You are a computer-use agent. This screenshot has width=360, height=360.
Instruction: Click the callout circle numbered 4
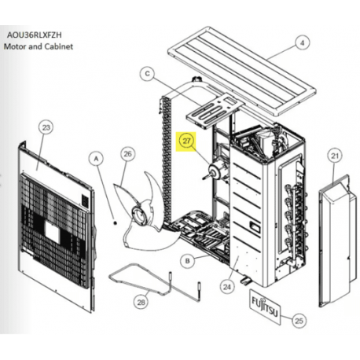coord(303,42)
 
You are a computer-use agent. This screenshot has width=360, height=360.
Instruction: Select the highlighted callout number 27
coord(186,141)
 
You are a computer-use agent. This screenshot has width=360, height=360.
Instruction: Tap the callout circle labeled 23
coord(46,127)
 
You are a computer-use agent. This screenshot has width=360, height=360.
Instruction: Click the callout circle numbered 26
coord(127,154)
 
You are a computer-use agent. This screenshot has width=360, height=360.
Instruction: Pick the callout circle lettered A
coord(96,159)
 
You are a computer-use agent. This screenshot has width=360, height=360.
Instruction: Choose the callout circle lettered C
coord(147,74)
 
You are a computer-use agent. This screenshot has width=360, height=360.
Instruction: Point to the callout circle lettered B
coord(188,261)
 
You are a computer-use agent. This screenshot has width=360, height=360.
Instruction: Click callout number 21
coord(335,156)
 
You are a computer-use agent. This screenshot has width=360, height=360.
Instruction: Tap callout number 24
coord(227,287)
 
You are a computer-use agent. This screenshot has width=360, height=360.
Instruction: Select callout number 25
coord(299,321)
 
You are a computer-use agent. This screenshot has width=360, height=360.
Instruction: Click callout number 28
coord(141,302)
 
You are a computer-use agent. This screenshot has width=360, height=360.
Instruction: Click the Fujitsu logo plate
coord(265,307)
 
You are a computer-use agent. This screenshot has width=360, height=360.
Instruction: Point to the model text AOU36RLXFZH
coord(35,35)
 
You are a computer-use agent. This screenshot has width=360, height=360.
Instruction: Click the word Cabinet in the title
coord(59,46)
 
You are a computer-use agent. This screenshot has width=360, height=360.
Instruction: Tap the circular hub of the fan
coord(139,215)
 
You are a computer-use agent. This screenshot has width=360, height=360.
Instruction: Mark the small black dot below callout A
coord(115,223)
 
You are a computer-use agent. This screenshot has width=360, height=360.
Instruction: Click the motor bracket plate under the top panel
coord(215,112)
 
